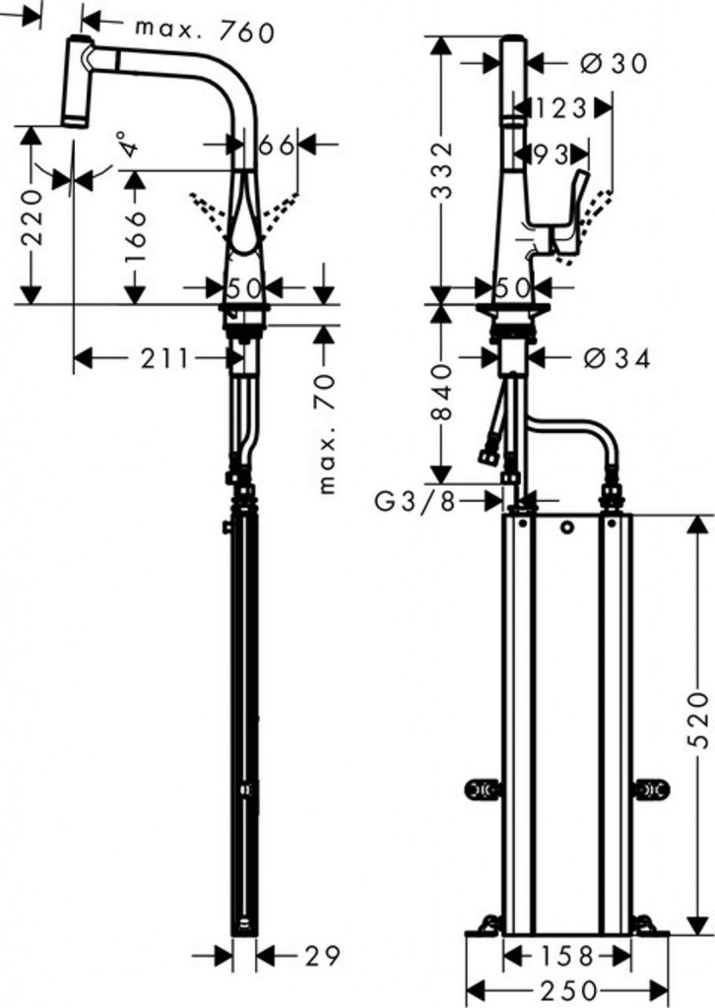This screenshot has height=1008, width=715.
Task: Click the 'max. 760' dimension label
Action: pos(205,31)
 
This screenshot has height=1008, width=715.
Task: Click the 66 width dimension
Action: pos(276,146)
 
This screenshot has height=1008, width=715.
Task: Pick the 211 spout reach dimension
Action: pos(164,358)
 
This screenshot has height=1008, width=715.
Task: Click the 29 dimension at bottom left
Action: pos(321,955)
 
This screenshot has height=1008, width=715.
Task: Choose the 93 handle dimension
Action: pos(552,155)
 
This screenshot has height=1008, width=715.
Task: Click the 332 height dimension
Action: pos(441,170)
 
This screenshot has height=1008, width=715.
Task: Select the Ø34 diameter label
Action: pos(617,358)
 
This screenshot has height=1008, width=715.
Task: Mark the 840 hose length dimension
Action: pos(441,392)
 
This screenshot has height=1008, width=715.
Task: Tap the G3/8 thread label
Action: pos(416,501)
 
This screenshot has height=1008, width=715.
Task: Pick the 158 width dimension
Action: pos(566,956)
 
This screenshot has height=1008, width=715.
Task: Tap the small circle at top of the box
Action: pos(566,528)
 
